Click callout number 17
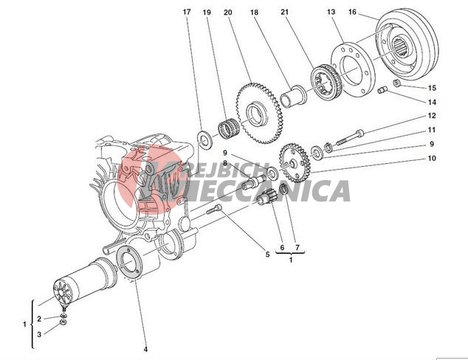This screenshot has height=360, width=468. [x=187, y=12]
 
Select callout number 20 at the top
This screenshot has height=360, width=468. [x=227, y=12]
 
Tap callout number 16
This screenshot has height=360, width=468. [x=352, y=12]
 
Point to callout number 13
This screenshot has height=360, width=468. [x=331, y=12]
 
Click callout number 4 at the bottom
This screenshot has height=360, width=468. [x=145, y=348]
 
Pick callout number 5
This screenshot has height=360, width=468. [x=267, y=255]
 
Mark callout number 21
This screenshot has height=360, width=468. [x=284, y=12]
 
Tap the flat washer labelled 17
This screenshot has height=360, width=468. [x=202, y=136]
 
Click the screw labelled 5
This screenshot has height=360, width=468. [x=215, y=211]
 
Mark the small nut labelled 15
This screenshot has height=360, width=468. [x=396, y=83]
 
